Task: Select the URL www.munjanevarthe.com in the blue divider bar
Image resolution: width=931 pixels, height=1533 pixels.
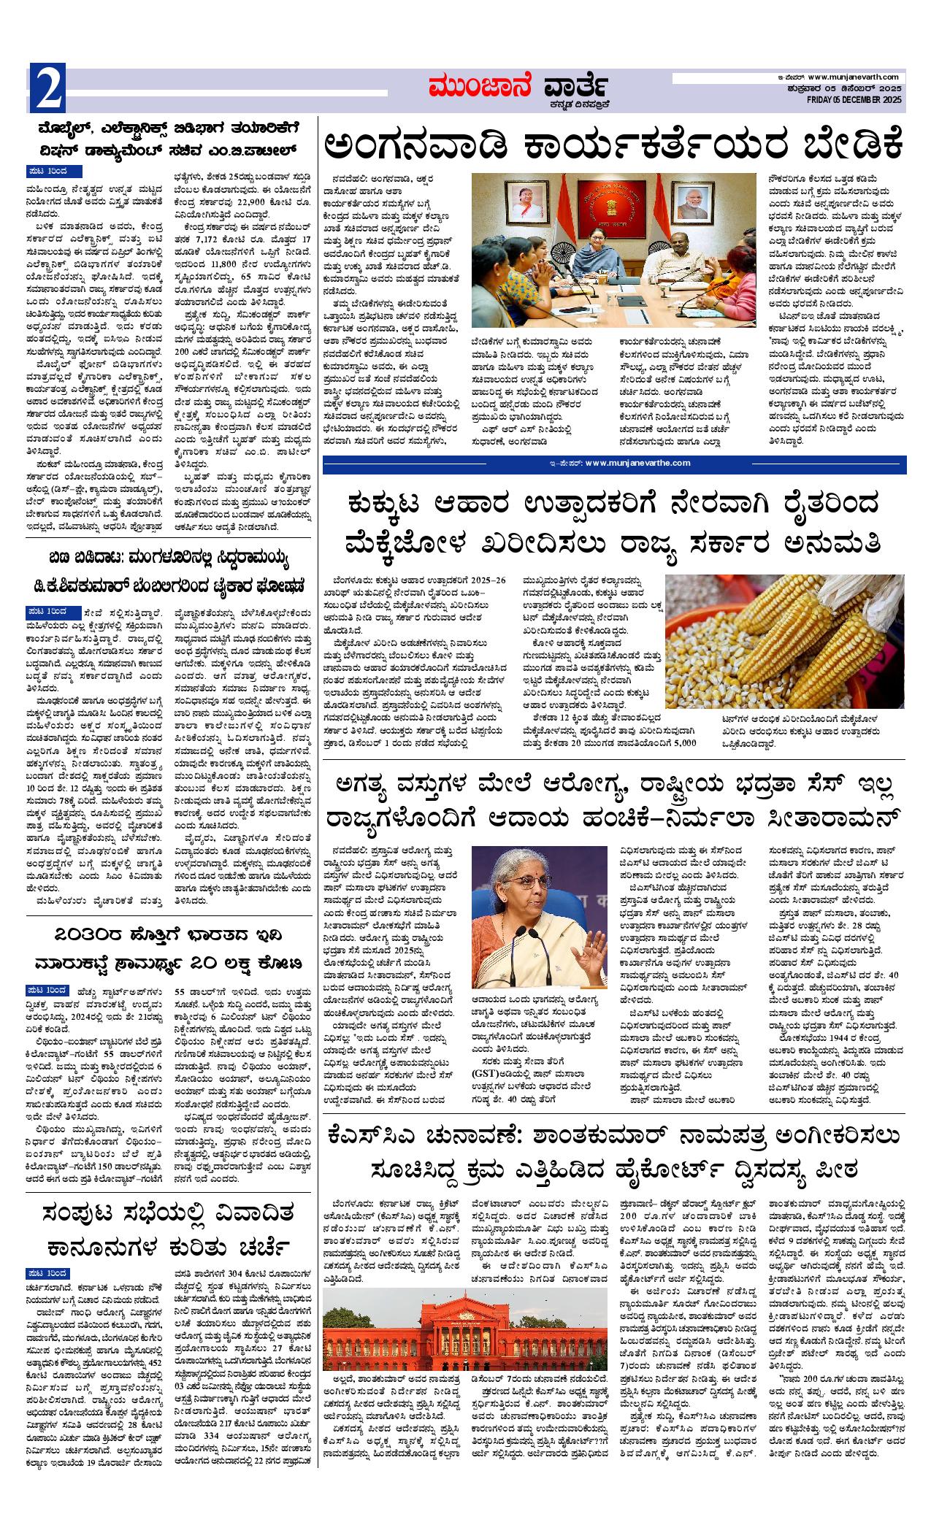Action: coord(637,463)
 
